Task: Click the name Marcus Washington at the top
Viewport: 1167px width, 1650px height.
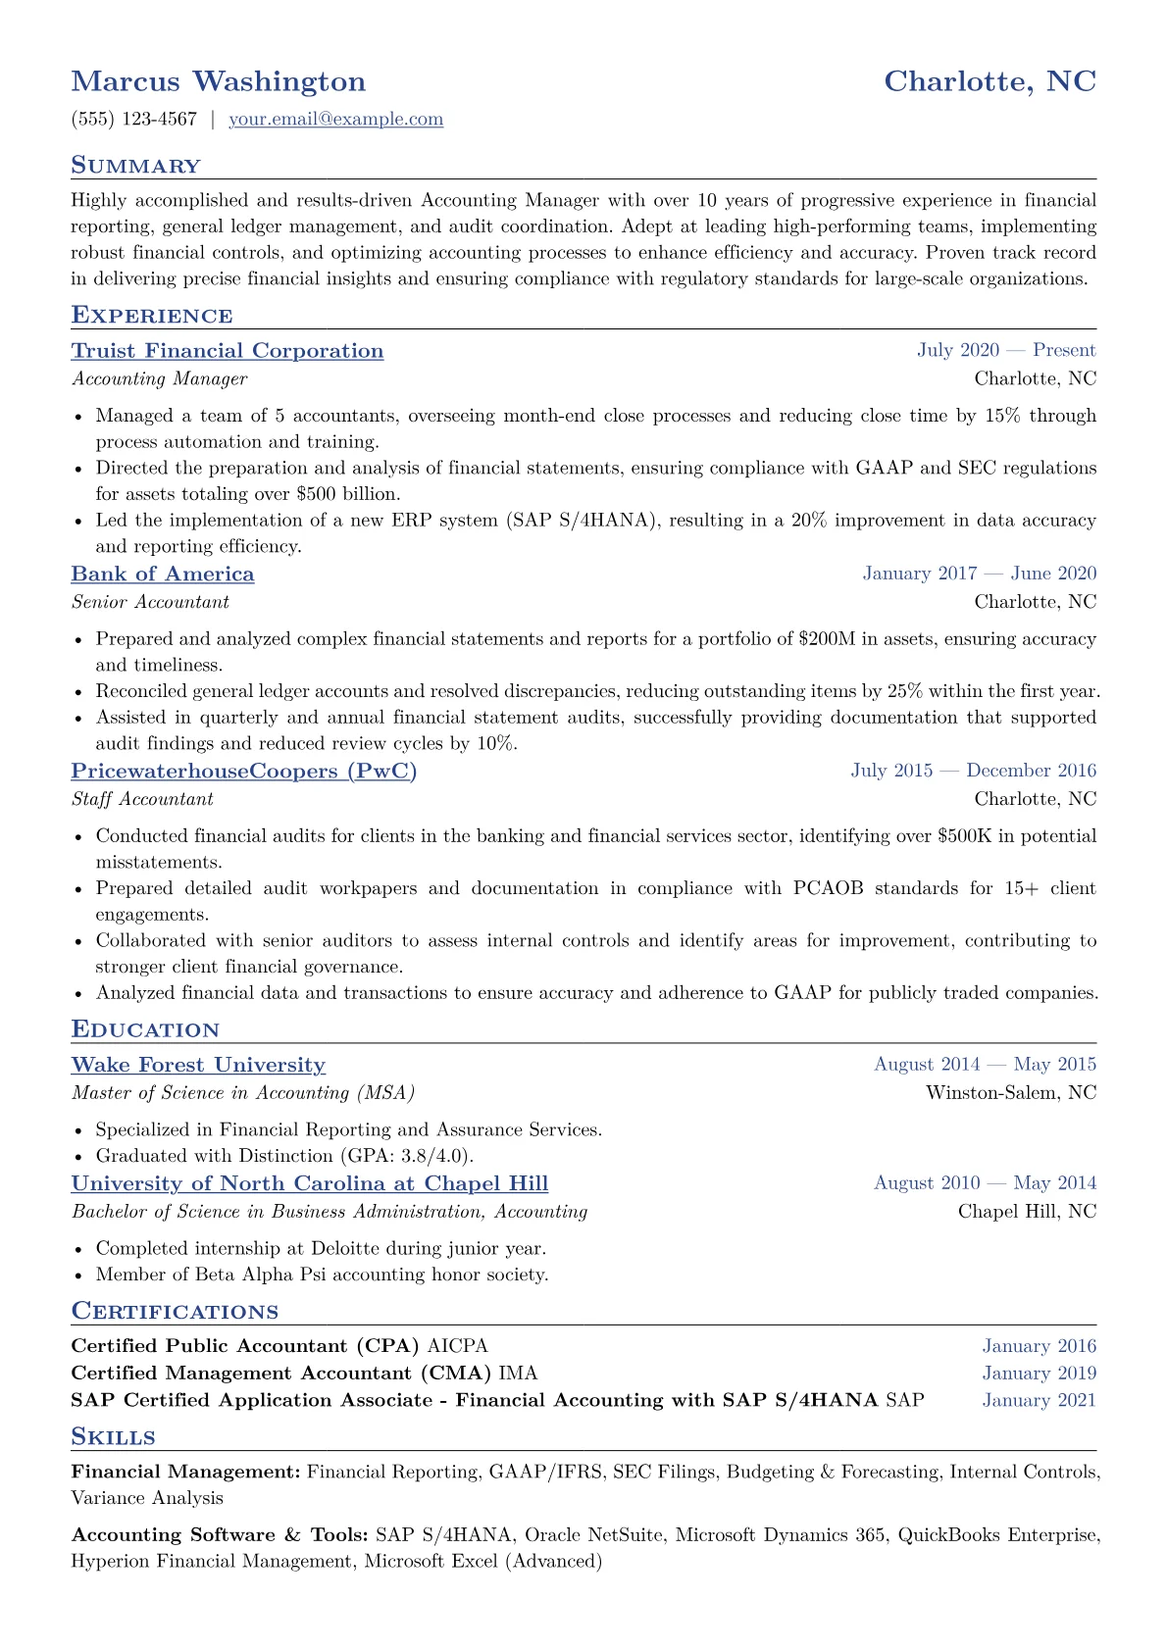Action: point(218,81)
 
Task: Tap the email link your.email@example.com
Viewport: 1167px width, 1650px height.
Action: point(335,120)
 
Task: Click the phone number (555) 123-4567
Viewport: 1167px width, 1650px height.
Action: point(133,120)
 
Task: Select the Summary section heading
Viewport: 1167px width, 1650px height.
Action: point(135,166)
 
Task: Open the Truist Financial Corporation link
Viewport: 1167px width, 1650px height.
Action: point(227,351)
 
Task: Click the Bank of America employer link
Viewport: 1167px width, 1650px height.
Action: point(162,575)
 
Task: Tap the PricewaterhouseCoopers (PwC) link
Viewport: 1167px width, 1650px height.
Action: point(243,772)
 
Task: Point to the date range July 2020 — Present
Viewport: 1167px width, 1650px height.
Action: point(1005,351)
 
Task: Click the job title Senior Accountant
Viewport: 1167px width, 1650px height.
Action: point(150,602)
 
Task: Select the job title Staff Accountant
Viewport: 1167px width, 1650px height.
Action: point(142,799)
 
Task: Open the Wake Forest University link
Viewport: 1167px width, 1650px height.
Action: point(198,1065)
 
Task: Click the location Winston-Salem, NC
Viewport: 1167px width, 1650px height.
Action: point(1010,1093)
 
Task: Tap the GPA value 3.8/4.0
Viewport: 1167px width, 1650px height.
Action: point(434,1156)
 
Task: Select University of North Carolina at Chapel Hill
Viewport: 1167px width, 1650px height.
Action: point(309,1183)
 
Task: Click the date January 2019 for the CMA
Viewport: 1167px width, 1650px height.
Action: point(1039,1374)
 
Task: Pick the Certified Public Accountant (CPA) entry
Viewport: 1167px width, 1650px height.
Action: point(245,1346)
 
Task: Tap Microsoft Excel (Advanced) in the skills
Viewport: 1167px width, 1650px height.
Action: point(482,1561)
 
